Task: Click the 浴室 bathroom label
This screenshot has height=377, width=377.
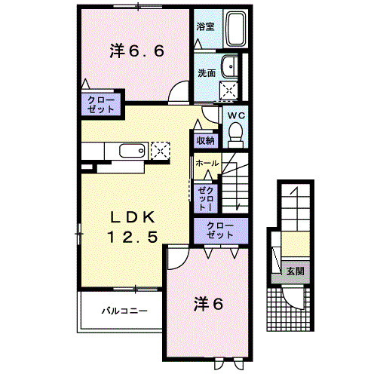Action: tap(204, 27)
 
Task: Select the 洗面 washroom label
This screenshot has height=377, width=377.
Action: tap(207, 73)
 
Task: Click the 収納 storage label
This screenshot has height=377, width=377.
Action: tap(206, 140)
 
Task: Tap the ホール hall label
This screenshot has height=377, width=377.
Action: tap(207, 164)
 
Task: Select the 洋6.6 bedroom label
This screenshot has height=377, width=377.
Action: tap(136, 51)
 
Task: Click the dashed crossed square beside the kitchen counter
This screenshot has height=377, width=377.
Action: tap(161, 149)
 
